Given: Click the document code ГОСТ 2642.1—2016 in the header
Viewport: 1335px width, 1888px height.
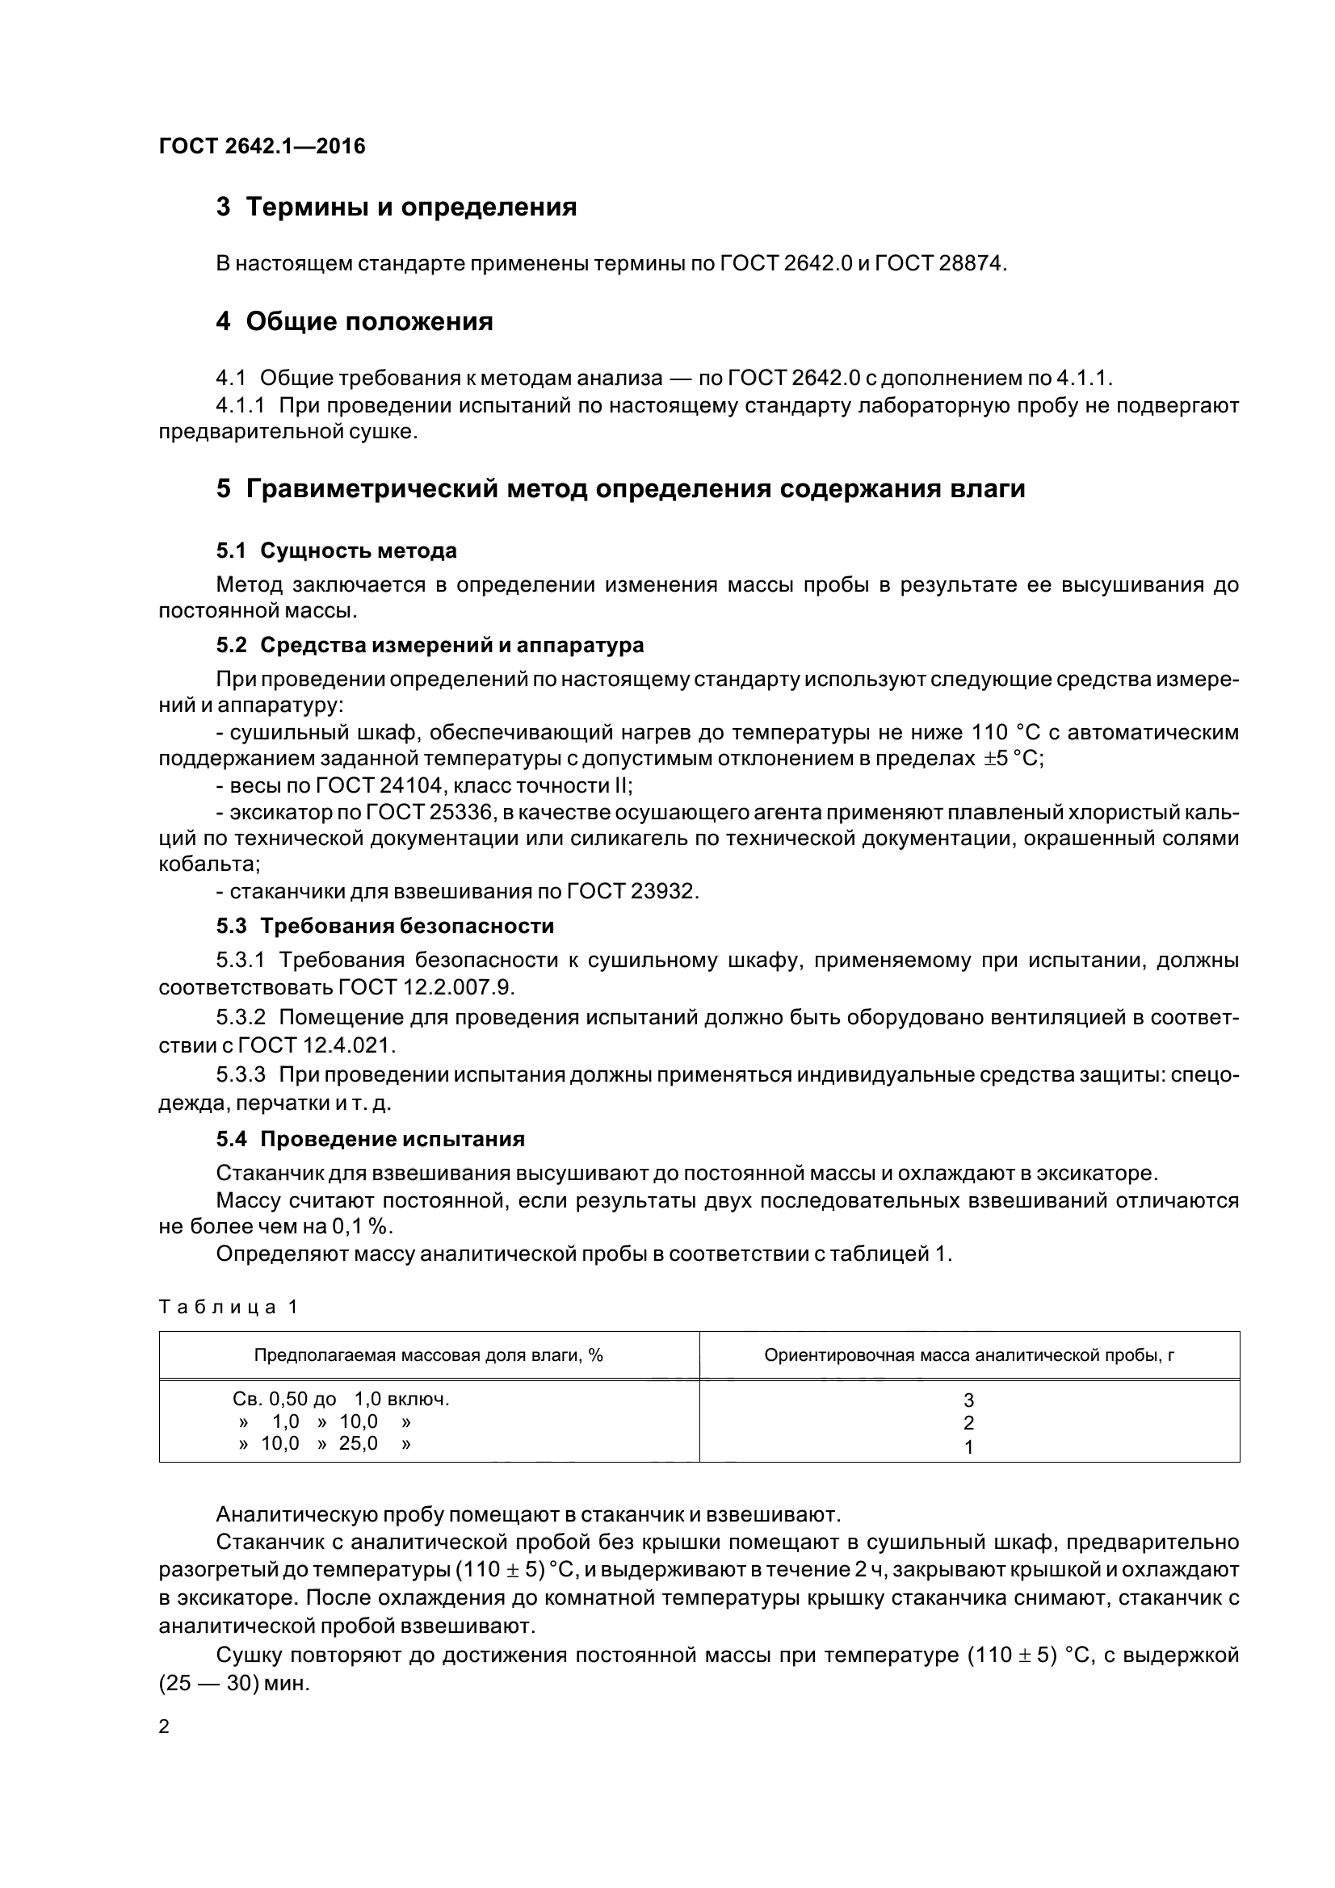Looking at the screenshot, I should [262, 146].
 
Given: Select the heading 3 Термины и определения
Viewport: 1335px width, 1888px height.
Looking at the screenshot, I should [397, 207].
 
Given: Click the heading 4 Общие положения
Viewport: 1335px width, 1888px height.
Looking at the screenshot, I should [355, 320].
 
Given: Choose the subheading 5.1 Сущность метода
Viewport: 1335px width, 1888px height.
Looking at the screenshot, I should [337, 550].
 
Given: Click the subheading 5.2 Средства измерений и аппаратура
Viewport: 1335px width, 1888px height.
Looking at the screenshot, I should [430, 645].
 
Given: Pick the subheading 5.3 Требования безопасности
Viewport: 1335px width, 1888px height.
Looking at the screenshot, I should [385, 926].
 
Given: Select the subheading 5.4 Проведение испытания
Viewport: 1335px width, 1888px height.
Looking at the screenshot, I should [371, 1139].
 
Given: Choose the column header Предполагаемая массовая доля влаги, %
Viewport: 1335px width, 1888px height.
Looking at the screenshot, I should [429, 1355].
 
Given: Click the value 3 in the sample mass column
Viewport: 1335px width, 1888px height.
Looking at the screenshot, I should [969, 1400].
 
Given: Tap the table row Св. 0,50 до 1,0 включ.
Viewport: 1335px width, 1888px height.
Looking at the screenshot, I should [342, 1399].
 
